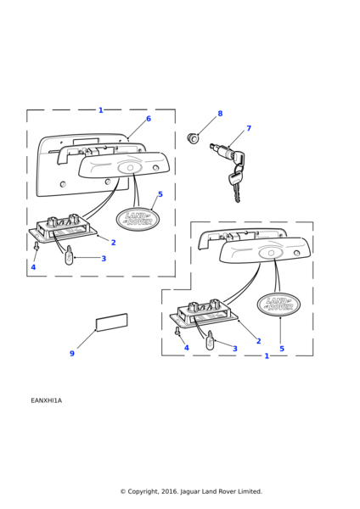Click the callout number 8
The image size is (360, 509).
pos(220,114)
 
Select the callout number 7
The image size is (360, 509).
pos(249,128)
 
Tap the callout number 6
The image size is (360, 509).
pos(149,119)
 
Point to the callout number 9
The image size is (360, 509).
pos(72,354)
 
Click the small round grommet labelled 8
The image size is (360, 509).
pos(193,138)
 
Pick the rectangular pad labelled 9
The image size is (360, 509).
pos(111,322)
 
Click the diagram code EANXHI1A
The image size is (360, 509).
pos(46,400)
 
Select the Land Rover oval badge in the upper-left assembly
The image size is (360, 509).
pos(138,219)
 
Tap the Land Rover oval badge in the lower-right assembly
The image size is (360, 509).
pos(278,305)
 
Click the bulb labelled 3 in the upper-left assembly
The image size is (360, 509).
pos(69,255)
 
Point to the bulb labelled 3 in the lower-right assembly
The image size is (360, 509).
pos(211,340)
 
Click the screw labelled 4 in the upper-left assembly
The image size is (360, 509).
pos(37,246)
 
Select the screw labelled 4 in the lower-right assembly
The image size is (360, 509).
pos(177,331)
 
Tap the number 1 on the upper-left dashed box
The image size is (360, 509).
pos(101,110)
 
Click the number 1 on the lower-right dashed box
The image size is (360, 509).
pos(267,356)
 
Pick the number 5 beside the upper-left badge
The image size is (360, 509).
pos(160,194)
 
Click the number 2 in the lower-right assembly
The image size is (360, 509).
pos(259,341)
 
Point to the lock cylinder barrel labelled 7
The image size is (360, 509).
pos(220,151)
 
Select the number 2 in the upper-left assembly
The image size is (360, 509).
pos(114,243)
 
